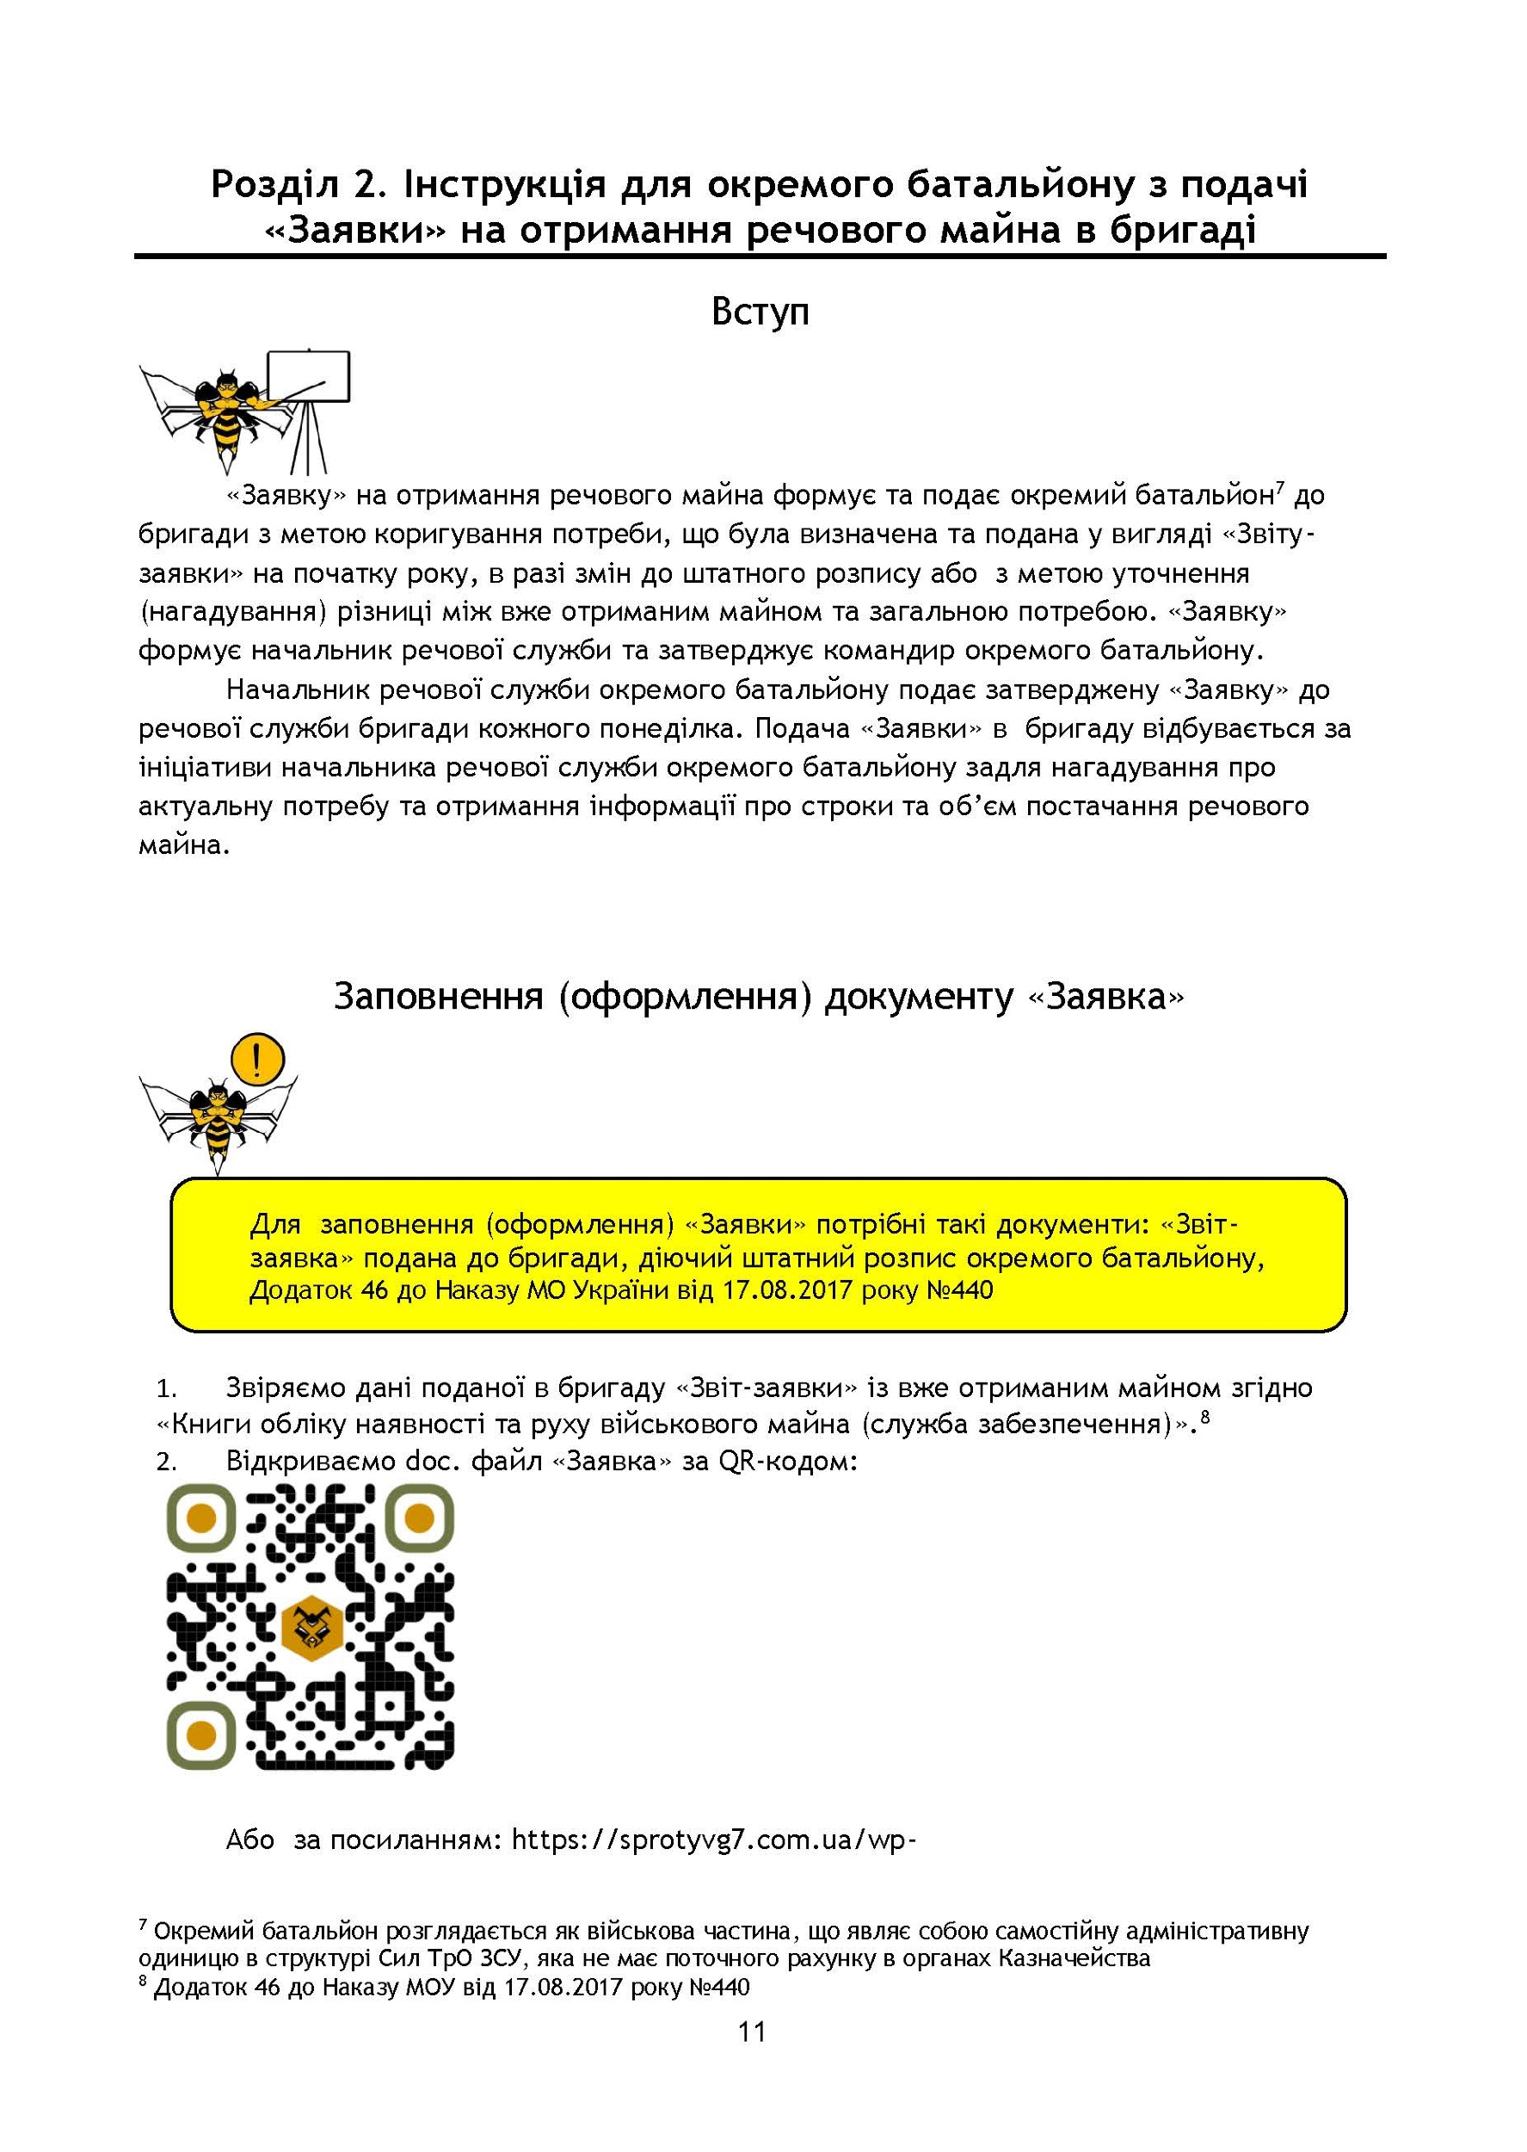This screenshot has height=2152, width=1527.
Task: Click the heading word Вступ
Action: point(760,312)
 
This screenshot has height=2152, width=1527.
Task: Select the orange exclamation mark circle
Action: point(256,1058)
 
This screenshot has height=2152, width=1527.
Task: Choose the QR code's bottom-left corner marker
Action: point(201,1735)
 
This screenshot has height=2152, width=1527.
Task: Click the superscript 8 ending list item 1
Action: point(1204,1420)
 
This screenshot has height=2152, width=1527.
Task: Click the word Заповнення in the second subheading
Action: point(439,996)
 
